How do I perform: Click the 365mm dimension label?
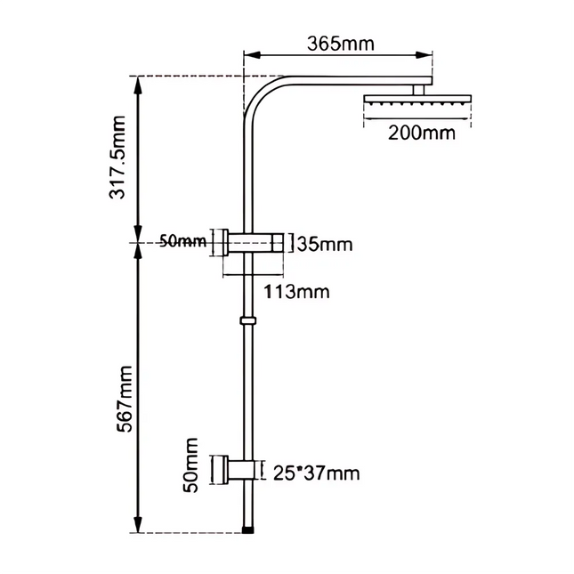click(341, 43)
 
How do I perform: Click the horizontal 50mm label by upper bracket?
click(182, 240)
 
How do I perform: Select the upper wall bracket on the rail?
click(255, 242)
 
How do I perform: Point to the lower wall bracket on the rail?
click(241, 470)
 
